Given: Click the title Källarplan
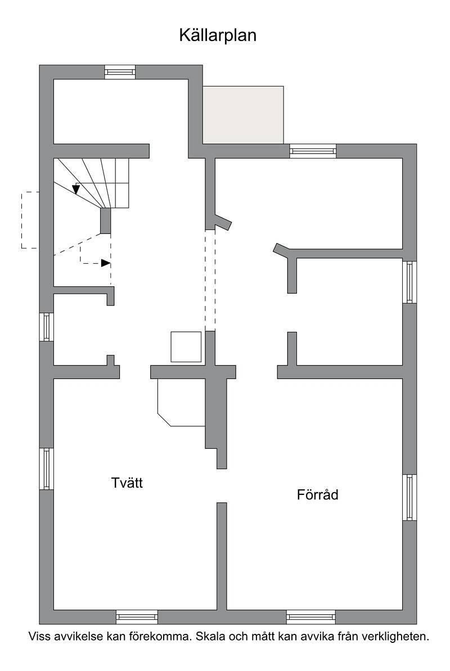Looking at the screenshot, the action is (x=218, y=35).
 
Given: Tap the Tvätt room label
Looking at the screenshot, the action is (x=127, y=483).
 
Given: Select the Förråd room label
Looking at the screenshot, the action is (x=318, y=495).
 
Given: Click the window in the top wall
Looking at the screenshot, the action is (x=120, y=72).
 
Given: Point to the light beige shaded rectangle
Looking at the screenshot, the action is (x=243, y=115).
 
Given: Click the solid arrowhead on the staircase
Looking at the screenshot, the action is (x=76, y=189).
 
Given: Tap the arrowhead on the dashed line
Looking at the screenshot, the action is (x=105, y=263).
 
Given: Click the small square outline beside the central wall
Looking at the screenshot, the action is (x=186, y=346).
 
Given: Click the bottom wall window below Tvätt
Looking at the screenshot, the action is (x=137, y=616).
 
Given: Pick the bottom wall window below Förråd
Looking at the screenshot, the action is (x=311, y=616).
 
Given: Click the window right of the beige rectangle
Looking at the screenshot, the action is (x=313, y=151).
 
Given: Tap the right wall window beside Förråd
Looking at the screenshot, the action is (x=409, y=497).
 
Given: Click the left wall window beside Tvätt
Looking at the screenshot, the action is (x=46, y=469).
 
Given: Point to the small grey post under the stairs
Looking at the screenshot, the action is (x=105, y=221).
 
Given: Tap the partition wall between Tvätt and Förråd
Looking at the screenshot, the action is (x=222, y=556).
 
